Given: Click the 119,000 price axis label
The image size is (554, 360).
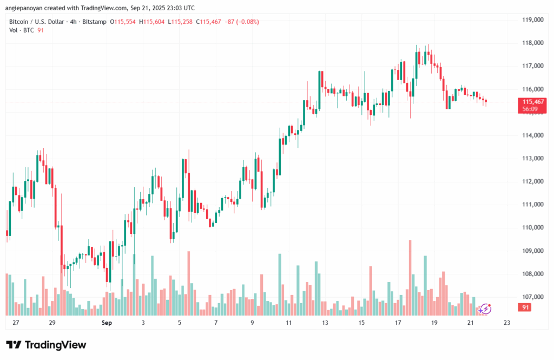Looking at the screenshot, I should click(x=532, y=20).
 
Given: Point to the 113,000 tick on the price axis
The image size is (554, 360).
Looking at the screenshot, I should click(x=532, y=159).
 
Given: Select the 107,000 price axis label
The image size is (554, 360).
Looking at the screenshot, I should click(x=532, y=297).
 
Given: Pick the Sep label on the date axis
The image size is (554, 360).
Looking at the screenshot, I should click(x=106, y=323).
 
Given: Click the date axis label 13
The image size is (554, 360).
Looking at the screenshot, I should click(x=325, y=323).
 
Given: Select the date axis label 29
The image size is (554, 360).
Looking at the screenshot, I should click(x=52, y=323).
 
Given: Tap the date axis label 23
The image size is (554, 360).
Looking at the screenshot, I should click(x=506, y=323).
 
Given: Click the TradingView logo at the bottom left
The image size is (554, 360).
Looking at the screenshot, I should click(x=46, y=345).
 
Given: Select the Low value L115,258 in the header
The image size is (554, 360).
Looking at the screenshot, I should click(x=181, y=22).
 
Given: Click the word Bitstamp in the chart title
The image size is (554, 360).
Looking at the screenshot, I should click(x=93, y=22).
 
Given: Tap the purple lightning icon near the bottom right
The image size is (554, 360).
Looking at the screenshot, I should click(x=485, y=309).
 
